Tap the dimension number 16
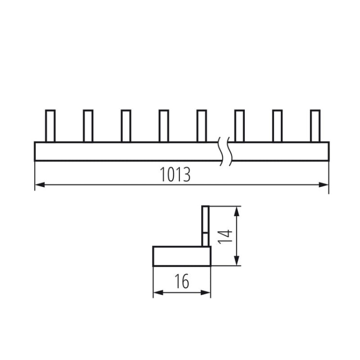(x=182, y=281)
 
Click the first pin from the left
(x=50, y=126)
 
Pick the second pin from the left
(x=88, y=126)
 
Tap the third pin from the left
(x=126, y=126)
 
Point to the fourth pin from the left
(x=164, y=126)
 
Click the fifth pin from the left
(x=202, y=126)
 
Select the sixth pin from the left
(x=240, y=126)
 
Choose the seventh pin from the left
(x=277, y=126)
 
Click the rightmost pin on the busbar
(x=315, y=126)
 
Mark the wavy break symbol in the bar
(x=225, y=151)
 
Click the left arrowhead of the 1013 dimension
(x=39, y=184)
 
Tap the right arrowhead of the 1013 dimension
(x=325, y=184)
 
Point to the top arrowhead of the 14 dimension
(x=237, y=210)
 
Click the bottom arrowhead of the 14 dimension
(x=237, y=262)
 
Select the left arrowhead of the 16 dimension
(x=156, y=291)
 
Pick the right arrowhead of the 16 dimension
(x=207, y=291)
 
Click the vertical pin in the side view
(x=205, y=226)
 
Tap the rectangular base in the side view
(x=181, y=256)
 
